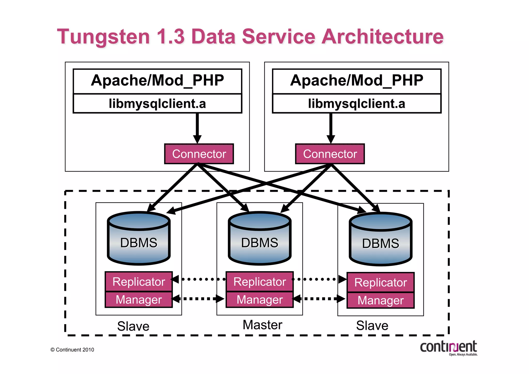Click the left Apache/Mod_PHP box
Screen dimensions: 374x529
pyautogui.click(x=157, y=81)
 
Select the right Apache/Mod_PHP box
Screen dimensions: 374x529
pyautogui.click(x=356, y=81)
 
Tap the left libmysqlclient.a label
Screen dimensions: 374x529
pyautogui.click(x=157, y=104)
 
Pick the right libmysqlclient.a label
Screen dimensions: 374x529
pyautogui.click(x=356, y=104)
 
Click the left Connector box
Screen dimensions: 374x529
pyautogui.click(x=199, y=154)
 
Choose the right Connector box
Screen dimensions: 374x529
pyautogui.click(x=330, y=154)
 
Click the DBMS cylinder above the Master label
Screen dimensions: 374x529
pyautogui.click(x=260, y=239)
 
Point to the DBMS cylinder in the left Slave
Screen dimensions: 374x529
pyautogui.click(x=139, y=239)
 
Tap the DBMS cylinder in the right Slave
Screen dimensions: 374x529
pyautogui.click(x=380, y=240)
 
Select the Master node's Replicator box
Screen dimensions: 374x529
pyautogui.click(x=260, y=281)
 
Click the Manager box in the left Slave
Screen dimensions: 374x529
pyautogui.click(x=139, y=300)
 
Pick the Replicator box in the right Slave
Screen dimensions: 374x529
pyautogui.click(x=380, y=282)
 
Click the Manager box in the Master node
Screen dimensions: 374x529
pyautogui.click(x=260, y=300)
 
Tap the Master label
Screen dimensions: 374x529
pyautogui.click(x=262, y=325)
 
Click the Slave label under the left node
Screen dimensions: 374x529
pyautogui.click(x=133, y=326)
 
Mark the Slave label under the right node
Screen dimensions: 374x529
pyautogui.click(x=372, y=325)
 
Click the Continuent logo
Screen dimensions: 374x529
pyautogui.click(x=449, y=348)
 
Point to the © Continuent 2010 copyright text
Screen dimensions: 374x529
pyautogui.click(x=72, y=350)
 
